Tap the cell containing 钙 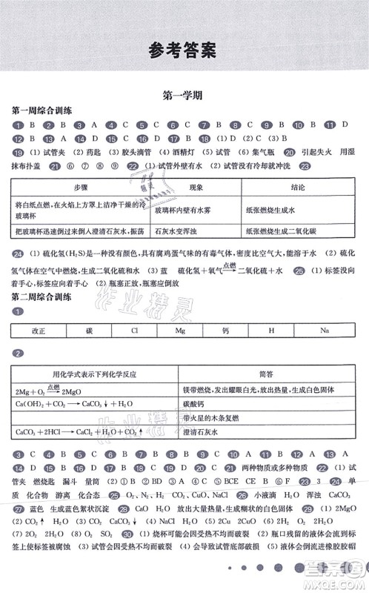(227, 331)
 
